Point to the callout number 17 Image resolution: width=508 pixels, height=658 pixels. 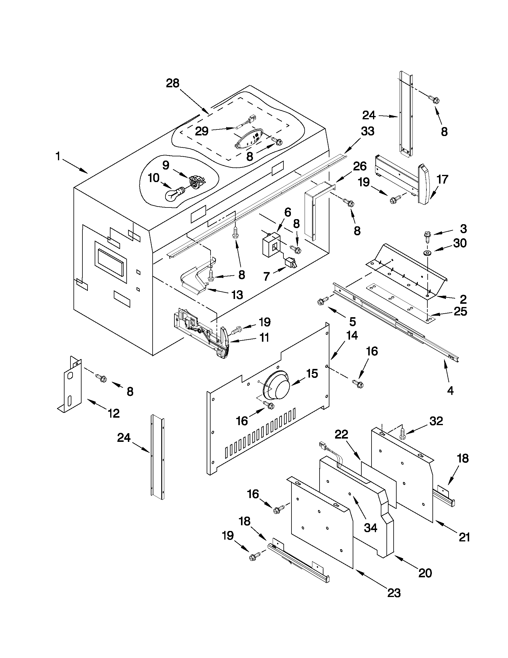point(442,180)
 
